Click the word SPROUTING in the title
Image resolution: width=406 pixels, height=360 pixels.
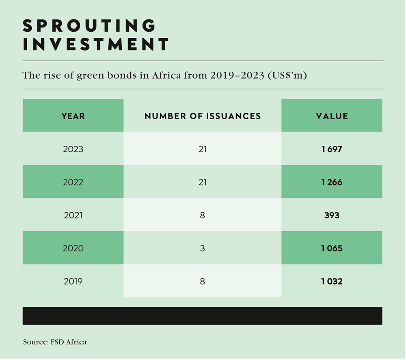[x=89, y=26]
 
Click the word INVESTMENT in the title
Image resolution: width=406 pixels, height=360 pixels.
[x=96, y=44]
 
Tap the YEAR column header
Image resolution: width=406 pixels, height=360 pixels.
[x=73, y=116]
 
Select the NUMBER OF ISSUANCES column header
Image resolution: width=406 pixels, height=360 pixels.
[x=203, y=116]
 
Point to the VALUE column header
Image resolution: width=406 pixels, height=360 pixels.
[x=332, y=116]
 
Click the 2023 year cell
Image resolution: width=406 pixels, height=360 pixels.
[x=73, y=149]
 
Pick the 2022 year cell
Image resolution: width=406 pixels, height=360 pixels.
[x=73, y=182]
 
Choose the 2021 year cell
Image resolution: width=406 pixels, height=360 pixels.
[x=73, y=215]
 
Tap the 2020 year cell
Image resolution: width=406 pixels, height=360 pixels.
[x=73, y=248]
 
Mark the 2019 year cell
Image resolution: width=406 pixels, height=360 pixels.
[x=73, y=281]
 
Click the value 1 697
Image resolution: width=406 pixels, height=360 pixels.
[x=332, y=149]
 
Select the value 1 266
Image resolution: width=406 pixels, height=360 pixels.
[x=332, y=182]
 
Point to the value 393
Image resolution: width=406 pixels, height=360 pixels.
[x=332, y=215]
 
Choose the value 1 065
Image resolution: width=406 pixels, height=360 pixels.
[x=332, y=248]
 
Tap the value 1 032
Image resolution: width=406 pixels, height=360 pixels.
[x=332, y=281]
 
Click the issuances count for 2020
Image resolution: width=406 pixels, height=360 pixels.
[x=202, y=248]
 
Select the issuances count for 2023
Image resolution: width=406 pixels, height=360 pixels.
[x=202, y=149]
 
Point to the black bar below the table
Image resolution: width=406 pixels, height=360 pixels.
[x=202, y=316]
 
